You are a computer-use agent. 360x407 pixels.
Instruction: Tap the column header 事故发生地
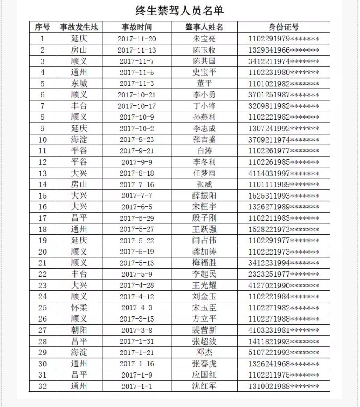click(79, 27)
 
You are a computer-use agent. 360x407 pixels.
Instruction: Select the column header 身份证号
click(283, 27)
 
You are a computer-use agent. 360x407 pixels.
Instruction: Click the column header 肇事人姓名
click(204, 27)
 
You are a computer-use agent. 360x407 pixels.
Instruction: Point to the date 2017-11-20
click(136, 38)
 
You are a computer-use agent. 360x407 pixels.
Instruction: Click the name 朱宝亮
click(204, 38)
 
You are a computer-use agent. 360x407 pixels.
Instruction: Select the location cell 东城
click(79, 83)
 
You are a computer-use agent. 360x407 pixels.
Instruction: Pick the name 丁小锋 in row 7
click(204, 106)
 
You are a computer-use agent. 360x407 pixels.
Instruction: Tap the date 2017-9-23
click(136, 140)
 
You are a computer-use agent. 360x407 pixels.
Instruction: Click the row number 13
click(42, 173)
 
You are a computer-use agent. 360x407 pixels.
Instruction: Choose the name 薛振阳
click(204, 196)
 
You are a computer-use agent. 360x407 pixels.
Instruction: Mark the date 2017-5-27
click(136, 229)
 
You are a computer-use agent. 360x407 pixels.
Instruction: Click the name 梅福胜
click(204, 263)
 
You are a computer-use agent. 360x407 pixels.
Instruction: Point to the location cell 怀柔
click(79, 307)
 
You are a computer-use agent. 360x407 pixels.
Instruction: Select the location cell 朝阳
click(79, 330)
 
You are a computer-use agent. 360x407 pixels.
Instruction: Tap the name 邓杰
click(204, 352)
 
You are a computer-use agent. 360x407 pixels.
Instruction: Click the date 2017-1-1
click(136, 386)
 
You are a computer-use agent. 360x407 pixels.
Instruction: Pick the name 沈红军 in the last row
click(204, 386)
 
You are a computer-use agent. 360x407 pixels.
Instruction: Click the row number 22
click(42, 274)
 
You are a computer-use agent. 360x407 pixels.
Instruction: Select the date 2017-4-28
click(136, 285)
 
